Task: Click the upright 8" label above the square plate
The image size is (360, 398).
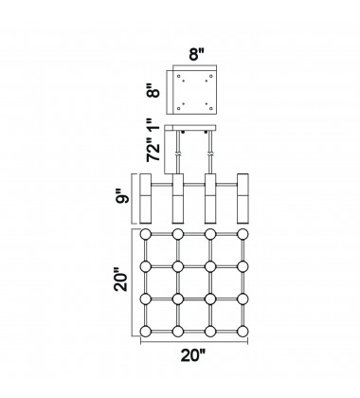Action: click(x=197, y=54)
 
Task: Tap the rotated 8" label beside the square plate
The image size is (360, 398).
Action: click(x=154, y=91)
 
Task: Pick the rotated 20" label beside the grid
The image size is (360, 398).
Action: click(x=121, y=280)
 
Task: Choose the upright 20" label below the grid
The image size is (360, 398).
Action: click(x=193, y=355)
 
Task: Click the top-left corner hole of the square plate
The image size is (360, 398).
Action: click(x=179, y=76)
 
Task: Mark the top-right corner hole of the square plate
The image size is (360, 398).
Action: click(x=211, y=76)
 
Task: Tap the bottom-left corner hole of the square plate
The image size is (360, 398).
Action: click(x=179, y=109)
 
